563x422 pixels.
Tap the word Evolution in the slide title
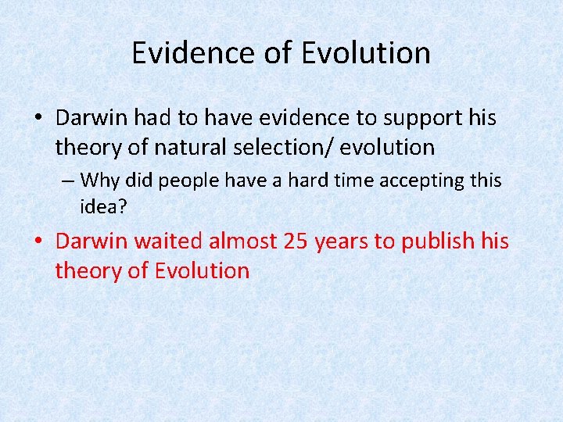[366, 53]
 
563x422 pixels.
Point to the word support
[407, 117]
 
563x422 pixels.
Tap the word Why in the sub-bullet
[99, 181]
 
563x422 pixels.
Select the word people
[190, 181]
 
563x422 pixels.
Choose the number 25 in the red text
[296, 241]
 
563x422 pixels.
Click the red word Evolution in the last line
[202, 271]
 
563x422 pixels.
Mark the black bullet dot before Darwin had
[38, 119]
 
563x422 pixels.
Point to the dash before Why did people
[68, 181]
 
